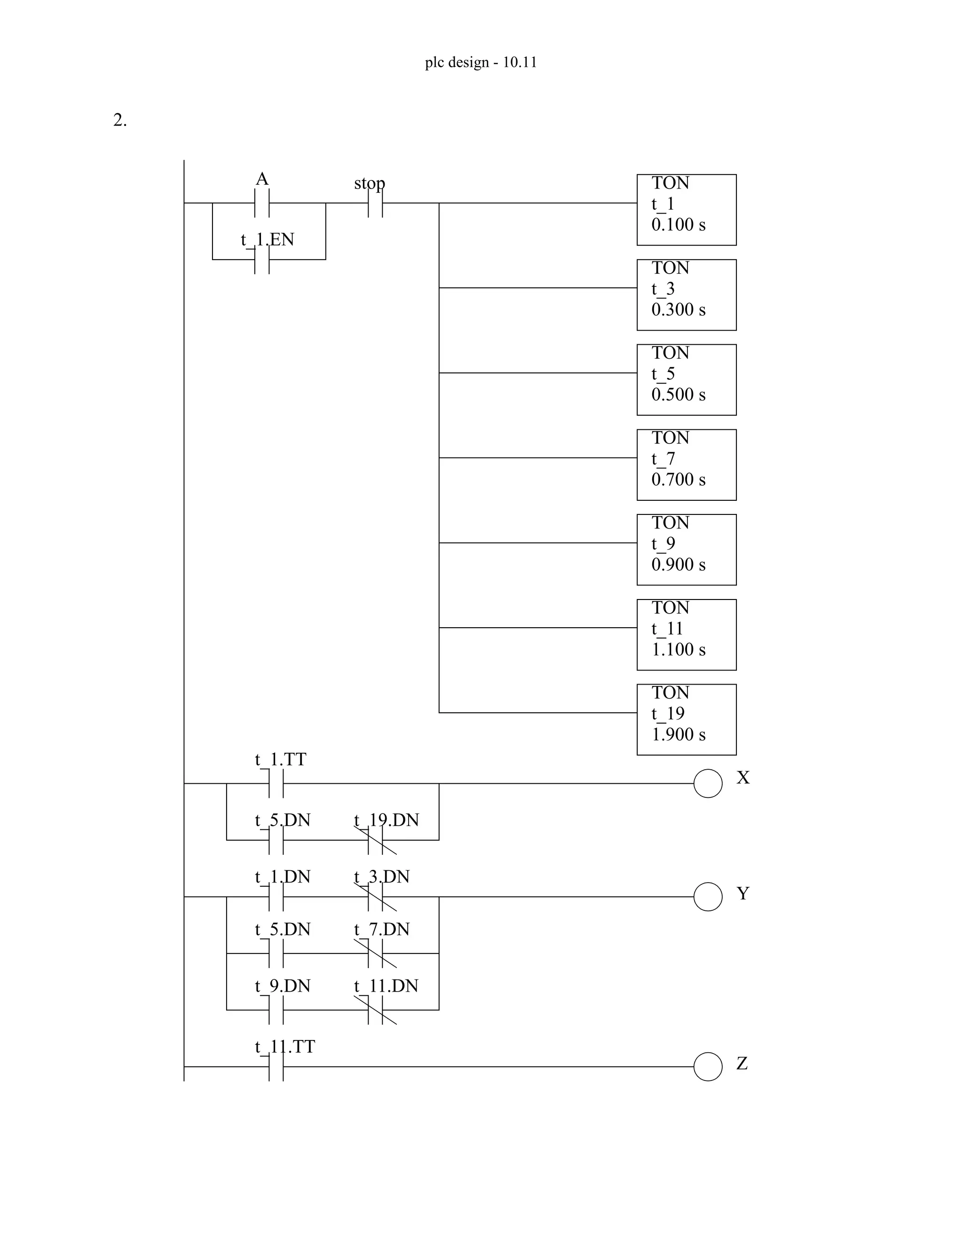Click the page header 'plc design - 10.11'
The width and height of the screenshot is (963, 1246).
481,62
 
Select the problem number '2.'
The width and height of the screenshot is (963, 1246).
120,120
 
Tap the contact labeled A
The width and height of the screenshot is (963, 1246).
262,203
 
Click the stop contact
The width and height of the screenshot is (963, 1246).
375,203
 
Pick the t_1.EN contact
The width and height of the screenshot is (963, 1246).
262,260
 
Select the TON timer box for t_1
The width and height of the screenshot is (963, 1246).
687,210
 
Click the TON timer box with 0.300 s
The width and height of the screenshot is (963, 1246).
687,295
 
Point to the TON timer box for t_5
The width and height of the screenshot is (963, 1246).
687,380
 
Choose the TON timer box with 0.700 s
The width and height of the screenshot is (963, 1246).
687,465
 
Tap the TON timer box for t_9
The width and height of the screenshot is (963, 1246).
687,550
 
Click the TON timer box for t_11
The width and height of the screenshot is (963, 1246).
687,635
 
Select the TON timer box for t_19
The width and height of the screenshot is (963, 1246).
687,720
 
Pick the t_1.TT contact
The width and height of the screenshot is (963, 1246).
276,783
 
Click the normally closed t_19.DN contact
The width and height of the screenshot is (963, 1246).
375,840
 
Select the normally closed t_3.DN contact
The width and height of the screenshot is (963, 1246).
375,897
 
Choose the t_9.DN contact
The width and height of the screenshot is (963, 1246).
276,1010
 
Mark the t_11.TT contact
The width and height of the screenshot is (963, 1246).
276,1067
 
